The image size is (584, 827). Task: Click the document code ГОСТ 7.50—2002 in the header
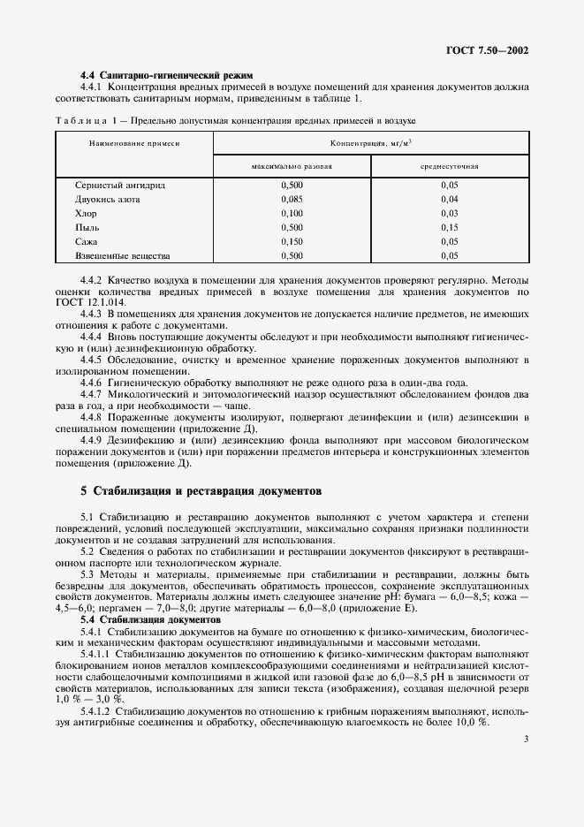coord(487,50)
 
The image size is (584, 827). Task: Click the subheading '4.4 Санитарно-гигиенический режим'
coord(166,75)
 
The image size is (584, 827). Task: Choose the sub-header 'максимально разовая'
coord(292,165)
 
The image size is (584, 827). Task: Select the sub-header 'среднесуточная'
coord(449,165)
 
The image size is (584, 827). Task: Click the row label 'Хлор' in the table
coord(87,213)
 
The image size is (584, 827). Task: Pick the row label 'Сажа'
coord(87,241)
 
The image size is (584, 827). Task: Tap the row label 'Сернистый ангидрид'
coord(121,185)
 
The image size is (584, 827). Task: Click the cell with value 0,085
coord(292,199)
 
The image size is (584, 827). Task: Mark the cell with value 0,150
coord(292,241)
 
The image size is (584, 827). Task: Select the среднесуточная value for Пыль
coord(449,227)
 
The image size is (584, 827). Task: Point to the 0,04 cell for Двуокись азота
coord(449,199)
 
